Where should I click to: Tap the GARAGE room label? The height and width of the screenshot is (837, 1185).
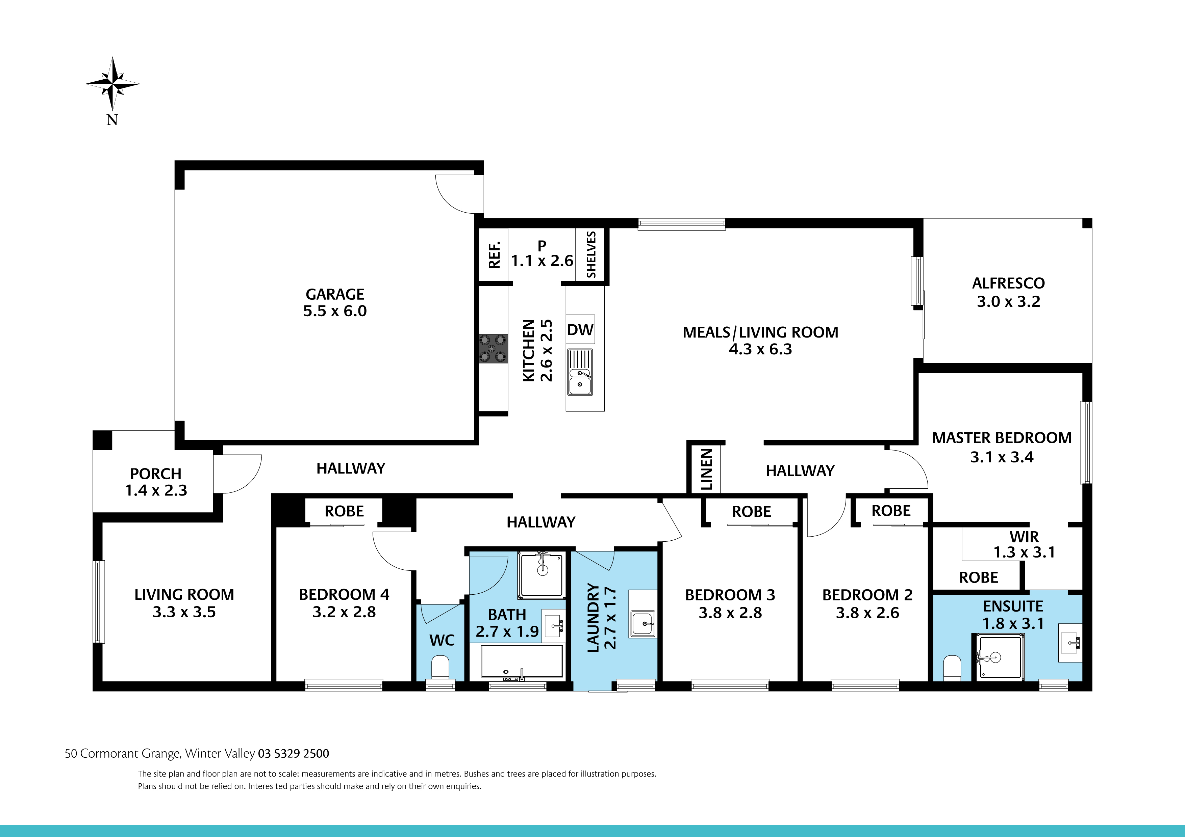pyautogui.click(x=335, y=294)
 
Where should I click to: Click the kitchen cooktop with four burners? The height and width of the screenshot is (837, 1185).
pyautogui.click(x=493, y=349)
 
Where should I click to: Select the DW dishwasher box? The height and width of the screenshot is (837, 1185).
pyautogui.click(x=580, y=329)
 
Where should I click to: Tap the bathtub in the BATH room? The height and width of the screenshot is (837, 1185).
pyautogui.click(x=521, y=661)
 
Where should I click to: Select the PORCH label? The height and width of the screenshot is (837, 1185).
pyautogui.click(x=155, y=474)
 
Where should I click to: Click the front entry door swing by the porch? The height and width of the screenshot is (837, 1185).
pyautogui.click(x=238, y=473)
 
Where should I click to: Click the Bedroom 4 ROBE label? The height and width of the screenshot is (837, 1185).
pyautogui.click(x=344, y=511)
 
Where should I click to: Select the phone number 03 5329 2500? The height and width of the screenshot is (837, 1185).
pyautogui.click(x=293, y=753)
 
